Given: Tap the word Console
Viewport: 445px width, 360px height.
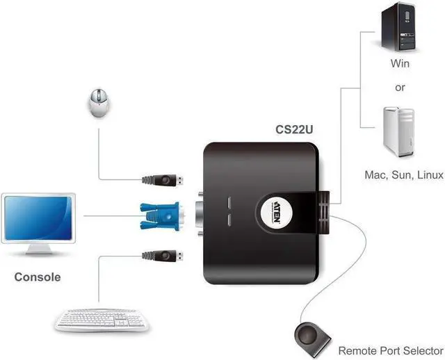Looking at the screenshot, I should [x=38, y=277].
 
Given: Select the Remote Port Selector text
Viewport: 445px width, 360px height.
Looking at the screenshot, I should [x=390, y=350].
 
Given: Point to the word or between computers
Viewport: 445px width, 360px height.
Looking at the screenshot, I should [x=399, y=88].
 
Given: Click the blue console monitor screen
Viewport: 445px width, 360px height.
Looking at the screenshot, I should [x=41, y=217].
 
